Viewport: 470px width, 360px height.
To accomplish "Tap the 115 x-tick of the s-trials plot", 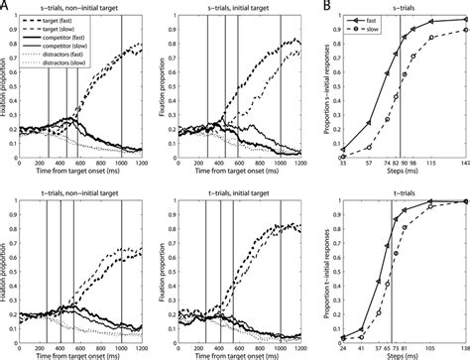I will pyautogui.click(x=431, y=165).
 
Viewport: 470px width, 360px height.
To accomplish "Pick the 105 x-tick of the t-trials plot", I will pyautogui.click(x=433, y=343).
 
